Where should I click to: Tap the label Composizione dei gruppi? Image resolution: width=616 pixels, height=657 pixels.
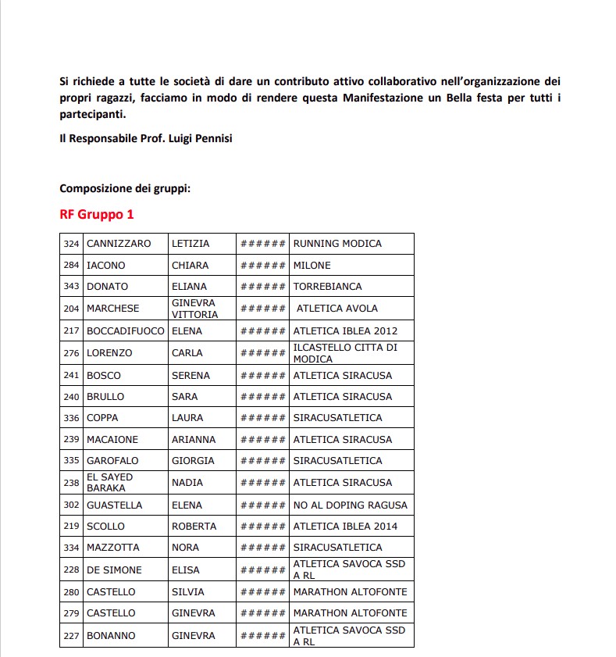pyautogui.click(x=125, y=189)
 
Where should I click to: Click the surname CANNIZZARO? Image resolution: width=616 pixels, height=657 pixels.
pyautogui.click(x=119, y=244)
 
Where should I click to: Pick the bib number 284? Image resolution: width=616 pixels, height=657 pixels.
pyautogui.click(x=72, y=266)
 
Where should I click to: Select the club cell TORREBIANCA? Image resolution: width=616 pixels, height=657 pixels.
pyautogui.click(x=327, y=287)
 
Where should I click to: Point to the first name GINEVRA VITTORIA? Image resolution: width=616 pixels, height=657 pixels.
pyautogui.click(x=194, y=308)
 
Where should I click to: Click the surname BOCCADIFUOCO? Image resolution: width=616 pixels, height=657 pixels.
pyautogui.click(x=126, y=330)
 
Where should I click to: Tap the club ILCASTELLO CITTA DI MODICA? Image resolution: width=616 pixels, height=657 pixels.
pyautogui.click(x=345, y=352)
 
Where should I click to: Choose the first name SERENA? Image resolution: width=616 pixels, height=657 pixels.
pyautogui.click(x=190, y=376)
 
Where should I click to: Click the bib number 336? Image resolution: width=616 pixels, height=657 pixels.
pyautogui.click(x=72, y=418)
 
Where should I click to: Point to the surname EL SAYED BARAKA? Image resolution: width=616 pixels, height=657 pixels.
pyautogui.click(x=110, y=482)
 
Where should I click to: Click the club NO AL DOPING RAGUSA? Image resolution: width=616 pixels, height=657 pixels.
pyautogui.click(x=350, y=505)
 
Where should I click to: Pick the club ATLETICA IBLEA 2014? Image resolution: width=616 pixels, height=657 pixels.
pyautogui.click(x=345, y=527)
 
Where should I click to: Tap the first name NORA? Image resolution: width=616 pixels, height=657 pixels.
pyautogui.click(x=185, y=548)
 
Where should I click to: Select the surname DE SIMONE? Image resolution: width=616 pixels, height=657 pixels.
pyautogui.click(x=116, y=570)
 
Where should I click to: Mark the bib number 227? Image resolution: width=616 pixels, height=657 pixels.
pyautogui.click(x=72, y=636)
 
